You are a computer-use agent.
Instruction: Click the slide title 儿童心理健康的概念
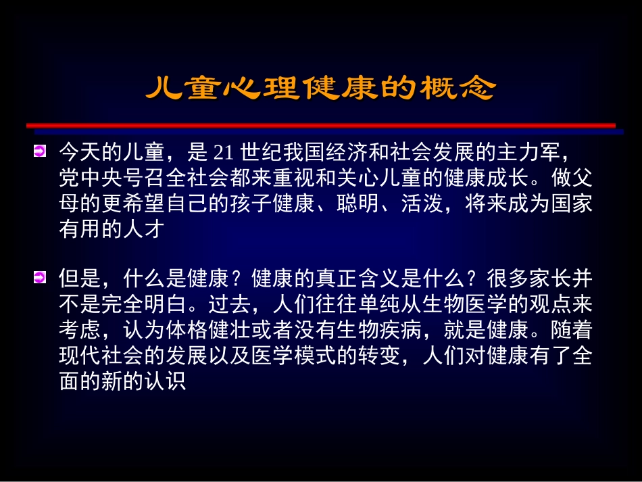pyautogui.click(x=321, y=89)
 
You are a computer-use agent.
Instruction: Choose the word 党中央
pyautogui.click(x=90, y=178)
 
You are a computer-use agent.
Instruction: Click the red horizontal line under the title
pyautogui.click(x=321, y=125)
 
